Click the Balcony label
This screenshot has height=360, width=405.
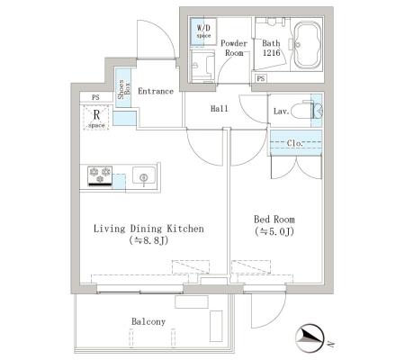click(148, 321)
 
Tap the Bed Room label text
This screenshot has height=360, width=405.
click(274, 220)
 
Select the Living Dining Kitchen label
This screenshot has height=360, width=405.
click(148, 229)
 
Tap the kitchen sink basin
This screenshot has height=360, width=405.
click(144, 176)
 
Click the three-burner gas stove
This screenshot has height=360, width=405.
click(100, 176)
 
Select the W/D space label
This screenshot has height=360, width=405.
click(203, 31)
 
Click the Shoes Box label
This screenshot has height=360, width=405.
click(123, 89)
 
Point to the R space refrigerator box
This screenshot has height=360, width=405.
click(96, 117)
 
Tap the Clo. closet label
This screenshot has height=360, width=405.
click(294, 143)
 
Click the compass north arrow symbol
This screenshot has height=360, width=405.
click(310, 338)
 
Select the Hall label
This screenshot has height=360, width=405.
click(220, 109)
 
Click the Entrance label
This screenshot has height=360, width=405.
click(156, 91)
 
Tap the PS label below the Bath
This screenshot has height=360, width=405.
click(261, 78)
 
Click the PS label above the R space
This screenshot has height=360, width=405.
click(95, 97)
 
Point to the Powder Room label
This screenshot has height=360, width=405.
click(234, 48)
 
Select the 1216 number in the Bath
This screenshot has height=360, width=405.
click(271, 53)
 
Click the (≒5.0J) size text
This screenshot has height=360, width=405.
click(274, 231)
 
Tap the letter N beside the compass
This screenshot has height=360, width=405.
click(330, 343)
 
